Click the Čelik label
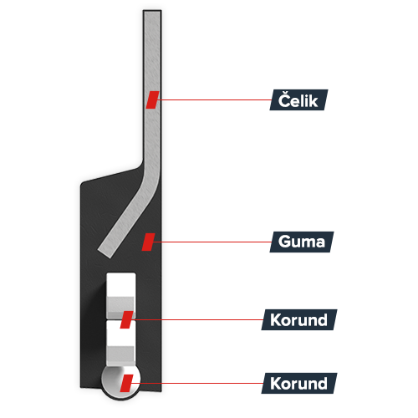coord(298,99)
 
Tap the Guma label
coord(302,242)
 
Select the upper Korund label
coord(299,319)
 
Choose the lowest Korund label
coord(299,383)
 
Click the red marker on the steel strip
coord(152,99)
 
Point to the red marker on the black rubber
coord(148,242)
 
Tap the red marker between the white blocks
coord(126,319)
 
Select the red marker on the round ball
coord(126,383)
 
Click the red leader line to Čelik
coord(215,99)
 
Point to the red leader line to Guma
coord(212,242)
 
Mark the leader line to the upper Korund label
coord(197,319)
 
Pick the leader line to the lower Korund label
coord(197,383)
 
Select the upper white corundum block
coord(121,295)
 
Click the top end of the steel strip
coord(152,12)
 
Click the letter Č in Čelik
coord(284,99)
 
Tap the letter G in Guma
coord(285,242)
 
